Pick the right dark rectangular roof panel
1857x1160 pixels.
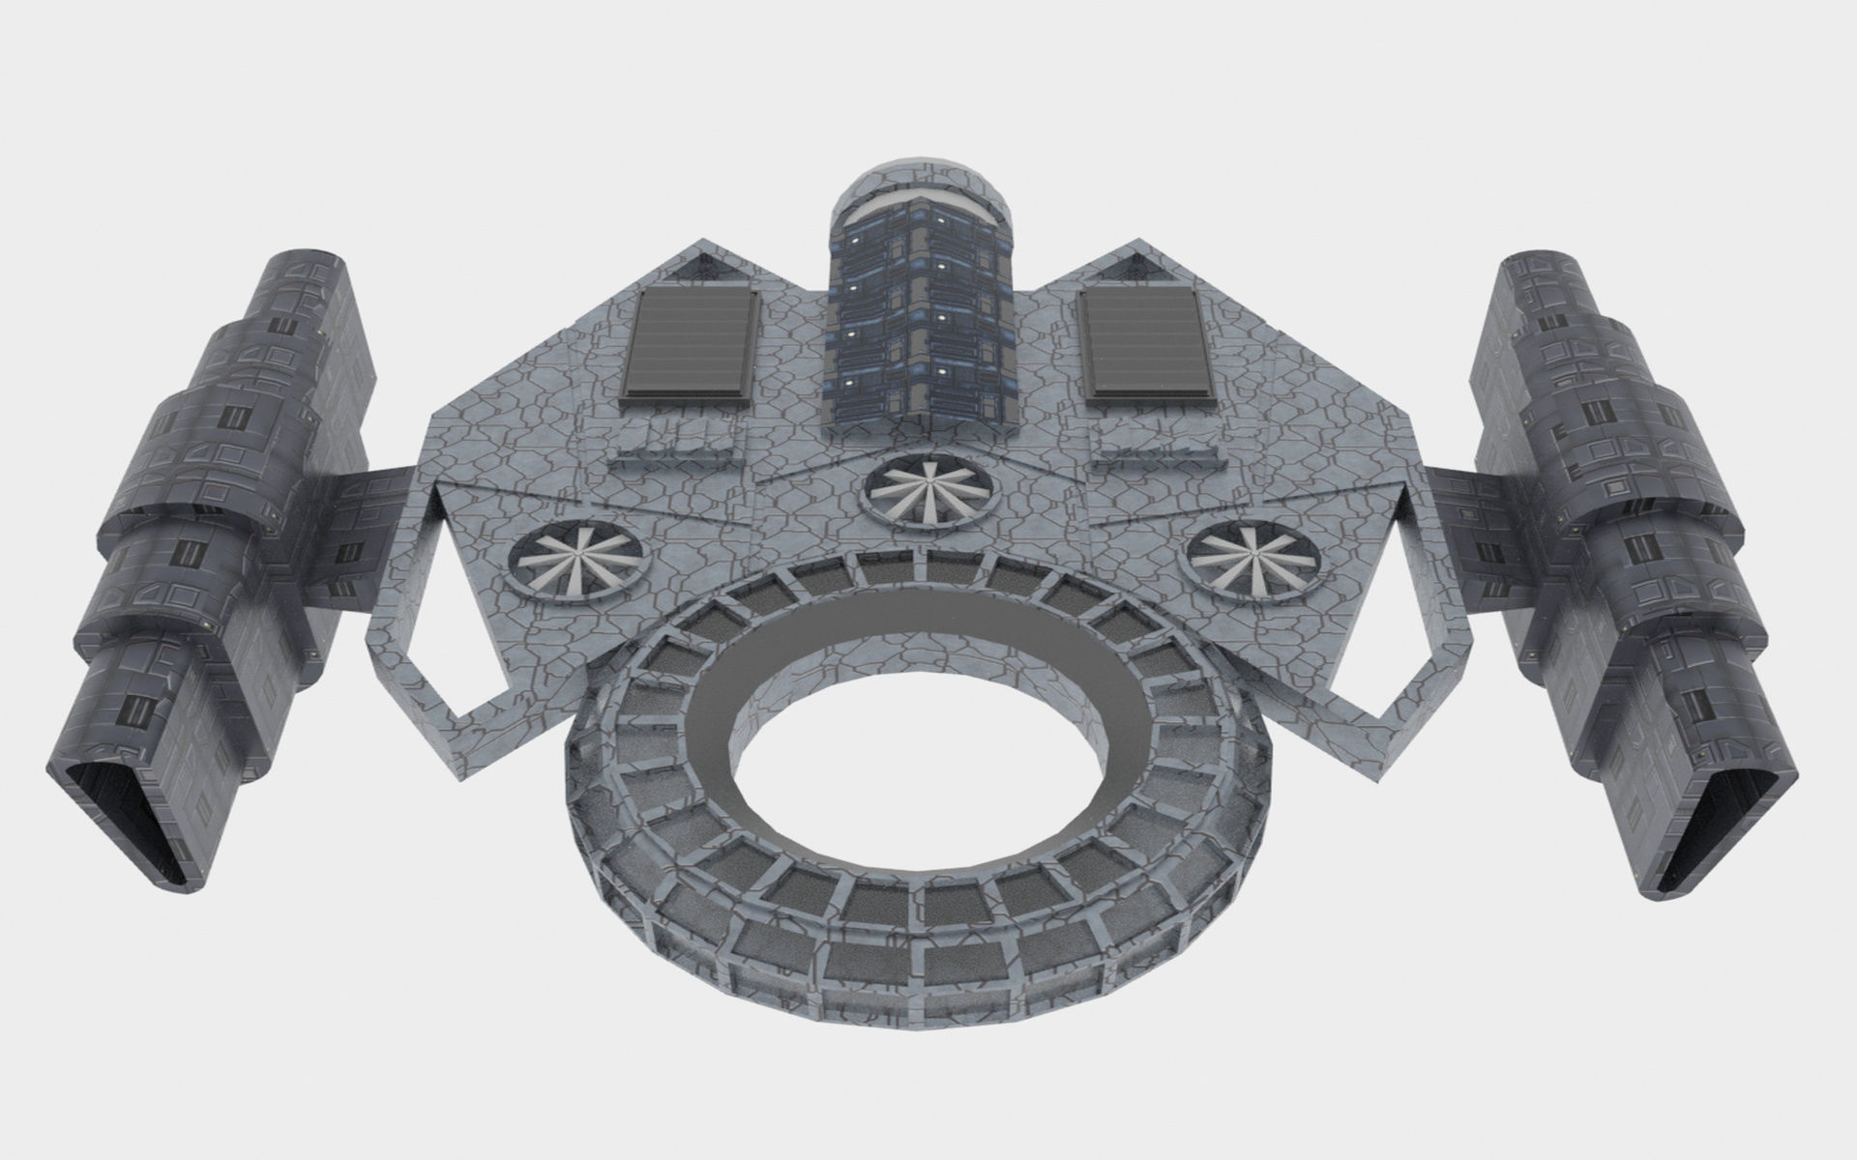pyautogui.click(x=1147, y=345)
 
